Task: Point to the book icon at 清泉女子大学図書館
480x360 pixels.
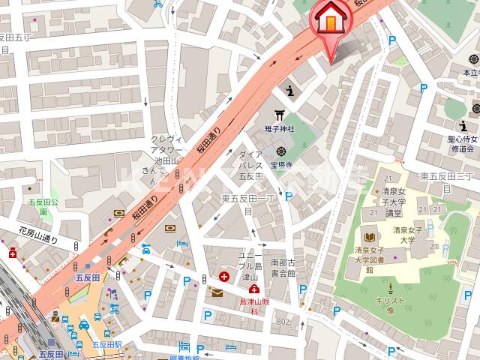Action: tap(368, 234)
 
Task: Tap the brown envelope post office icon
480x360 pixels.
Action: tap(217, 292)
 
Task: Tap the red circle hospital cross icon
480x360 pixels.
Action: tap(223, 277)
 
